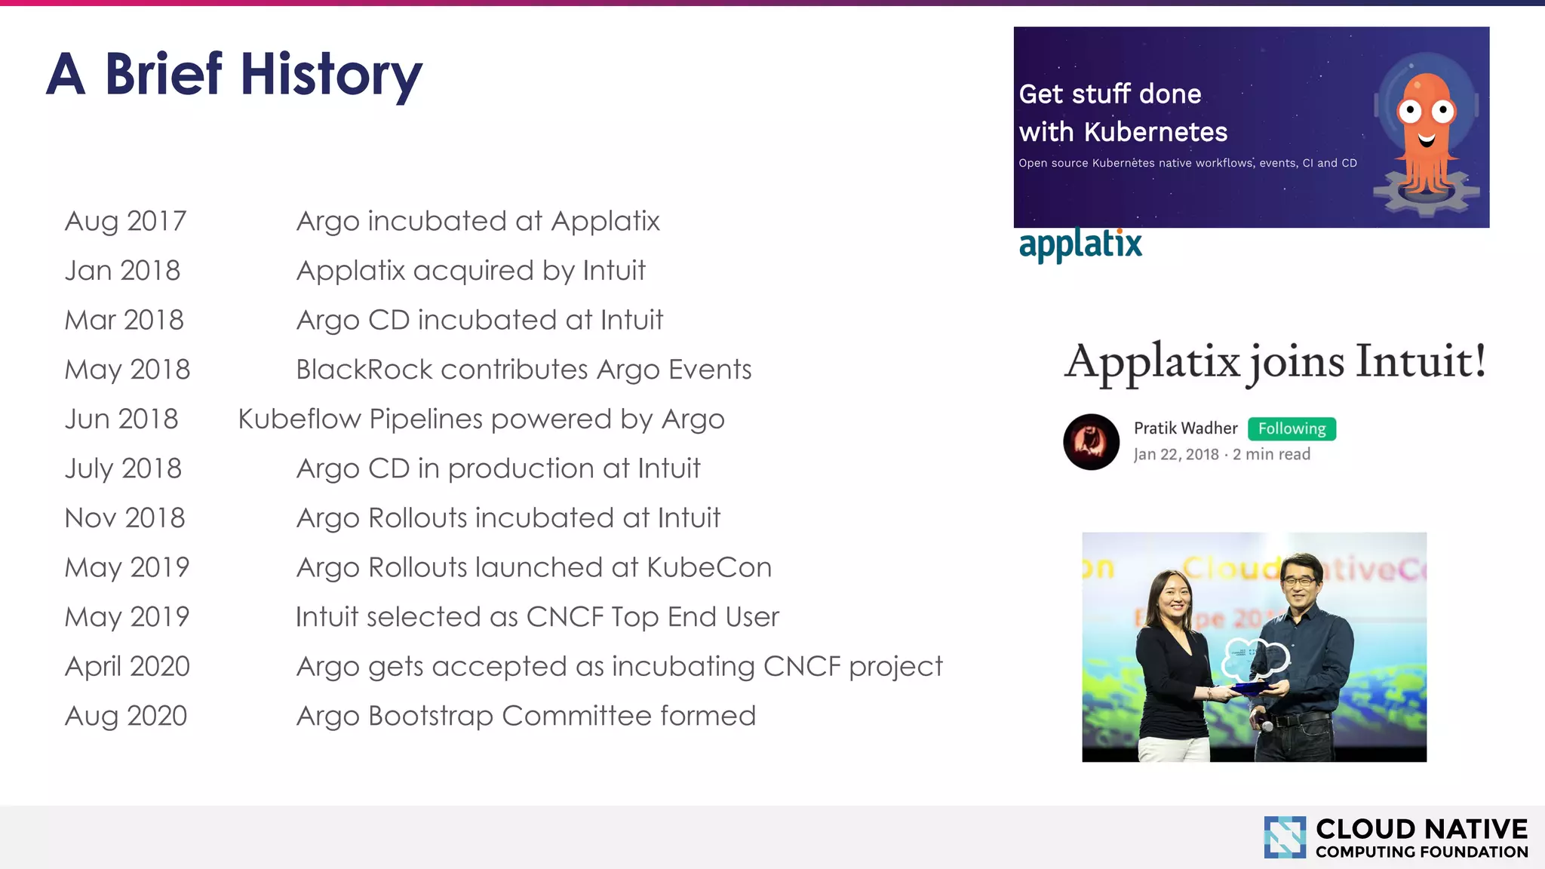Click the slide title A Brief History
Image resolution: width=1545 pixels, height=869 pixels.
pos(234,75)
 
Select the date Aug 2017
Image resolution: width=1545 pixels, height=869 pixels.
pos(125,221)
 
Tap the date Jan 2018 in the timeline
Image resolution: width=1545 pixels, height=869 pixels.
pos(122,271)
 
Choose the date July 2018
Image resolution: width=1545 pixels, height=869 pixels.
pos(123,469)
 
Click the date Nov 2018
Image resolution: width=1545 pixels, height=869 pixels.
pos(124,518)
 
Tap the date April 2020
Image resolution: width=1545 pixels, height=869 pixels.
pos(127,667)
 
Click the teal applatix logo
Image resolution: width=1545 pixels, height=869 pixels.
pos(1080,244)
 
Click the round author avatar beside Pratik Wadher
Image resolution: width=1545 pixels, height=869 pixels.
pos(1091,442)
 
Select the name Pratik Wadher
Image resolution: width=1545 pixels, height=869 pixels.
pos(1185,428)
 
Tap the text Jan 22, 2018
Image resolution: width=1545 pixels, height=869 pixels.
pos(1176,454)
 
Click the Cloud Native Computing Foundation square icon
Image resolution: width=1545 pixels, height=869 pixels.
pos(1285,837)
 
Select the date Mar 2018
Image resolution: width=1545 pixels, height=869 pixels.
pos(124,321)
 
